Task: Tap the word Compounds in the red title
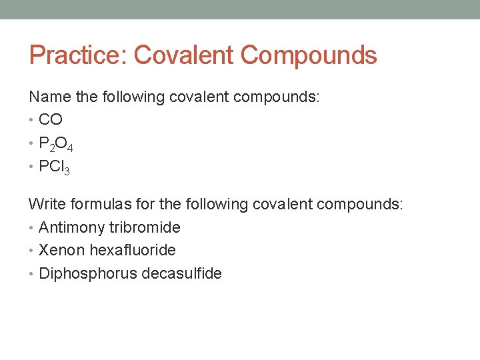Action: coord(309,55)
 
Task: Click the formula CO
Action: coord(51,120)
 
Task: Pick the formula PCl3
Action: coord(54,167)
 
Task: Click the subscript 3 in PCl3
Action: coord(67,171)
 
